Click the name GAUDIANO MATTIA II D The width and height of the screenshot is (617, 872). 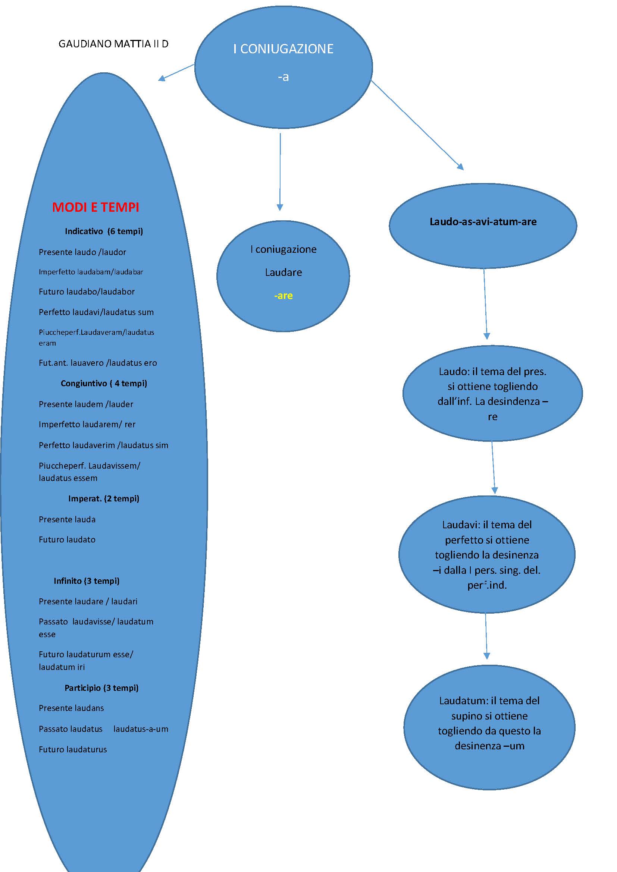(x=113, y=44)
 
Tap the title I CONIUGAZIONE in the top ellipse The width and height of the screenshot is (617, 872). (x=284, y=49)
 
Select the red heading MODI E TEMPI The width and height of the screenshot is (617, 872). (x=96, y=207)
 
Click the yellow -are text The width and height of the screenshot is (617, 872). (x=284, y=296)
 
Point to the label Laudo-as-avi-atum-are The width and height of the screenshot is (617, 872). (x=483, y=222)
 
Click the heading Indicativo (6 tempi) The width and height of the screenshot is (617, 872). (x=104, y=231)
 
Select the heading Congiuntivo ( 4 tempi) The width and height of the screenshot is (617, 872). (x=104, y=384)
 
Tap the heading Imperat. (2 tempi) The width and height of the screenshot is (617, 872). (x=104, y=499)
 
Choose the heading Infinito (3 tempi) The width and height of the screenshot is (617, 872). (x=87, y=581)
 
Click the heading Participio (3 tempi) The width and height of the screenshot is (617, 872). (x=101, y=688)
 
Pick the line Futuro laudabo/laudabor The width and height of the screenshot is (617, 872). (x=87, y=292)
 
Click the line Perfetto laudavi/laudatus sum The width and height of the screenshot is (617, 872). (x=96, y=312)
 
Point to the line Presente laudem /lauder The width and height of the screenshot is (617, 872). (x=86, y=404)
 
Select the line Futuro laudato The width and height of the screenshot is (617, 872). (x=67, y=540)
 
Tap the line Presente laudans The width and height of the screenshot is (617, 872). (x=71, y=708)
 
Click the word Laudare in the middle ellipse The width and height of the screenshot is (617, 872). (x=284, y=272)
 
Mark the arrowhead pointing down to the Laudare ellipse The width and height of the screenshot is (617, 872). (x=280, y=207)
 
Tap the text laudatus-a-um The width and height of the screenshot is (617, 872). (x=141, y=729)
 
